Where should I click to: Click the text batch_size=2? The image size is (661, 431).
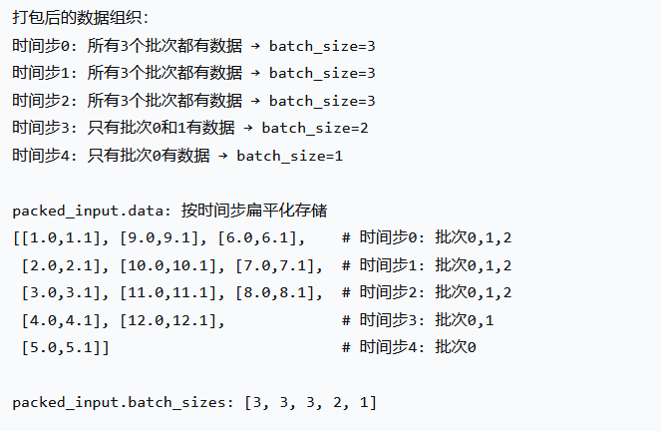[315, 128]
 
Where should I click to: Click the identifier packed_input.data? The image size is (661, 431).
[91, 211]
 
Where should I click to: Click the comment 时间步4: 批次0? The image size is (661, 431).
[409, 346]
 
